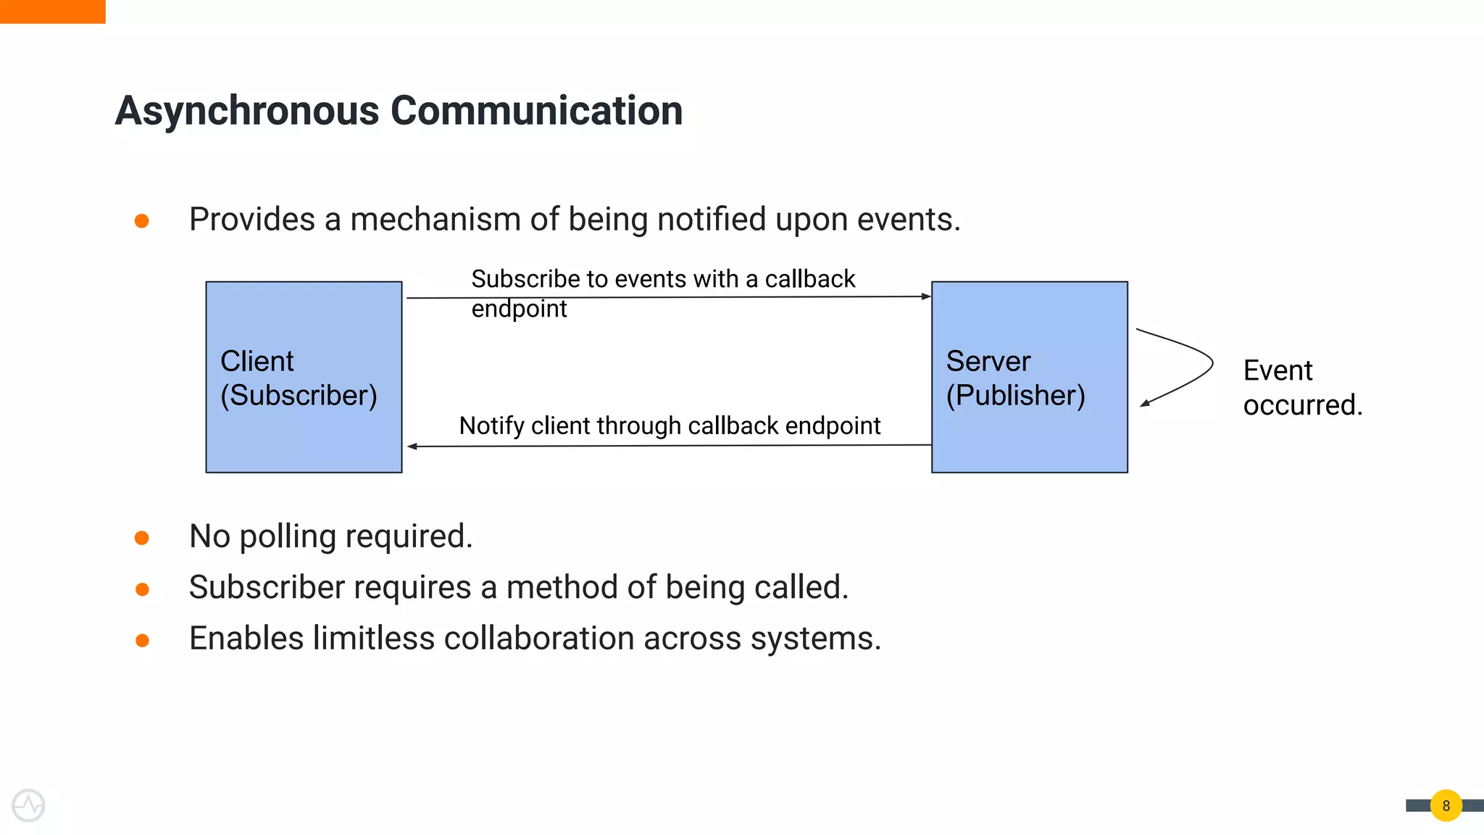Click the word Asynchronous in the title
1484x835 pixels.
246,112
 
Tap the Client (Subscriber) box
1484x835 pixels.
304,377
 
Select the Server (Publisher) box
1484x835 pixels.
1029,377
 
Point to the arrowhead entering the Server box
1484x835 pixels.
926,296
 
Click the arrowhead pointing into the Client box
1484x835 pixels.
412,446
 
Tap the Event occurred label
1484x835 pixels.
1301,388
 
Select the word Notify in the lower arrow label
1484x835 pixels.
491,426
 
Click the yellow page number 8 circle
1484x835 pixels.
1446,805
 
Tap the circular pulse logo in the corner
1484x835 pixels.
29,805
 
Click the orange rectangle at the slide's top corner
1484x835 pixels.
52,12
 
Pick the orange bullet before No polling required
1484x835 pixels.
142,538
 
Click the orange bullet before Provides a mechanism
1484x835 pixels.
142,220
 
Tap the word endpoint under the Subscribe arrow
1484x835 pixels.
519,310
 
